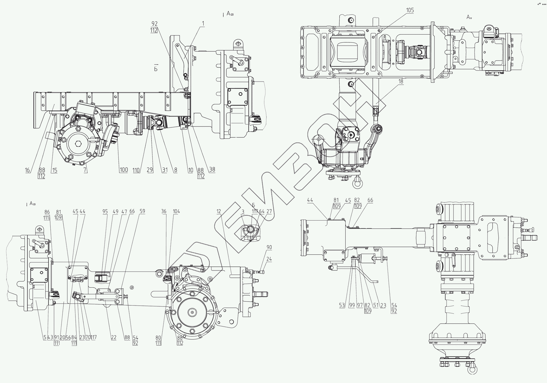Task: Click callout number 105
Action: [x=410, y=10]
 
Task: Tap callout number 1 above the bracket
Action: [x=203, y=24]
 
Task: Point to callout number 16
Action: [x=27, y=170]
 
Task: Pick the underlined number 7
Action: [x=85, y=170]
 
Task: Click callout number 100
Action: [x=124, y=170]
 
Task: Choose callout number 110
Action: [x=136, y=170]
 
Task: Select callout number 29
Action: [x=150, y=170]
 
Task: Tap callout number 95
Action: [x=105, y=212]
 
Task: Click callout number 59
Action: [x=142, y=212]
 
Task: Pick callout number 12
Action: [x=218, y=212]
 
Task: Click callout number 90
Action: [x=269, y=247]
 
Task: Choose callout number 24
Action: [x=269, y=259]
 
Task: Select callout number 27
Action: [x=269, y=212]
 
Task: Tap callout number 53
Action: [x=342, y=305]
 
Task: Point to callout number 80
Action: [x=158, y=337]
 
